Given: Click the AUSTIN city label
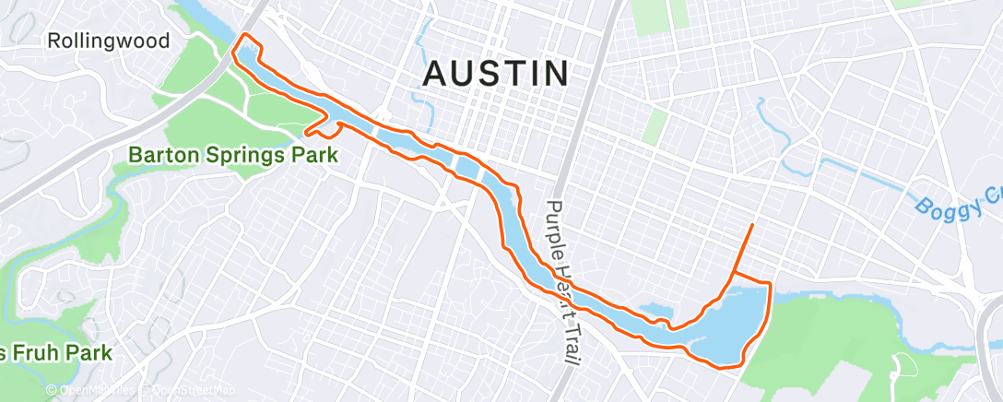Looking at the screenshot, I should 495,74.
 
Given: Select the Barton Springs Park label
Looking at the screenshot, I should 233,155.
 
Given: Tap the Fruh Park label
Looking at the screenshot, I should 59,352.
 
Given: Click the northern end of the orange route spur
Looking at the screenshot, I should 753,224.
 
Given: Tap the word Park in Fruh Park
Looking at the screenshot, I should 89,352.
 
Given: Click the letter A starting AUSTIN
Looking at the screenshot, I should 436,74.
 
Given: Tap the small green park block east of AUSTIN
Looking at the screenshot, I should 655,126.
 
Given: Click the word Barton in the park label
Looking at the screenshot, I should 162,155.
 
